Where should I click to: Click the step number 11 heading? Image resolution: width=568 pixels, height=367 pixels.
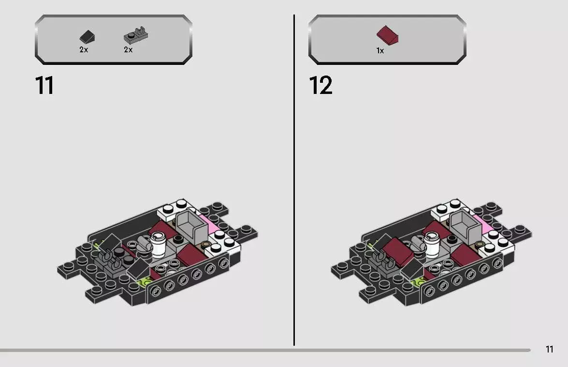pyautogui.click(x=44, y=86)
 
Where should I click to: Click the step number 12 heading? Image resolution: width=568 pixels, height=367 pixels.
pyautogui.click(x=320, y=86)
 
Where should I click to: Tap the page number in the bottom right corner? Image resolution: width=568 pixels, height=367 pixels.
pyautogui.click(x=549, y=349)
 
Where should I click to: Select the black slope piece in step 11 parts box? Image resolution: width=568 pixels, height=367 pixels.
pyautogui.click(x=87, y=37)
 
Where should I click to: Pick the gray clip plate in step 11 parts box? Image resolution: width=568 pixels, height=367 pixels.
pyautogui.click(x=136, y=35)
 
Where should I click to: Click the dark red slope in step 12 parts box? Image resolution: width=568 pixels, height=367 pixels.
pyautogui.click(x=387, y=35)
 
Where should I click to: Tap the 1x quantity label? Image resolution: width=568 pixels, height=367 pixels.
pyautogui.click(x=380, y=51)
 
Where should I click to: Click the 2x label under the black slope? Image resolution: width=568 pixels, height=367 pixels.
pyautogui.click(x=84, y=50)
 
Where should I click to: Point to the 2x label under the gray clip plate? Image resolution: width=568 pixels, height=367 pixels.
pyautogui.click(x=128, y=50)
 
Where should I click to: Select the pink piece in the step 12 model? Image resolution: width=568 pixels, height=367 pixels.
pyautogui.click(x=483, y=222)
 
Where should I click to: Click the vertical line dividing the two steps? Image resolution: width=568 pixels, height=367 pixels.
pyautogui.click(x=294, y=180)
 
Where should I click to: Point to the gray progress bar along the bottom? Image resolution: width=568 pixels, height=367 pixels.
pyautogui.click(x=265, y=351)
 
